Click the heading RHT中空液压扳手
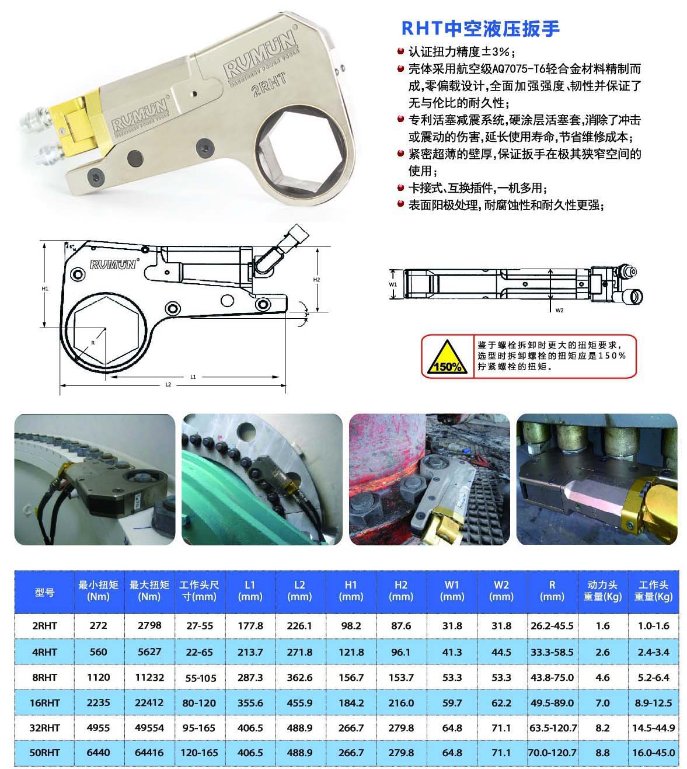point(480,29)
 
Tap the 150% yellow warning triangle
point(447,357)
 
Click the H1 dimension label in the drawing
point(45,288)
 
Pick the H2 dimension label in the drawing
point(316,279)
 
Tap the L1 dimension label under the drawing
point(193,377)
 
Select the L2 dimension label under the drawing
point(168,384)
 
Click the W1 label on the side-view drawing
point(393,284)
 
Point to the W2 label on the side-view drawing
point(559,310)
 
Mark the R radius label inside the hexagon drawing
point(93,343)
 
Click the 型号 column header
point(44,592)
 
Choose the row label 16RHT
point(44,702)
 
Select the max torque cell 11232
point(149,677)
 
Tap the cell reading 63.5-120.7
point(553,728)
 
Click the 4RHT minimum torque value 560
point(98,652)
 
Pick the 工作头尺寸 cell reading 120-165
point(199,752)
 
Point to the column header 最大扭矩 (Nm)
point(149,590)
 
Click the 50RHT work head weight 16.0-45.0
point(653,752)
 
